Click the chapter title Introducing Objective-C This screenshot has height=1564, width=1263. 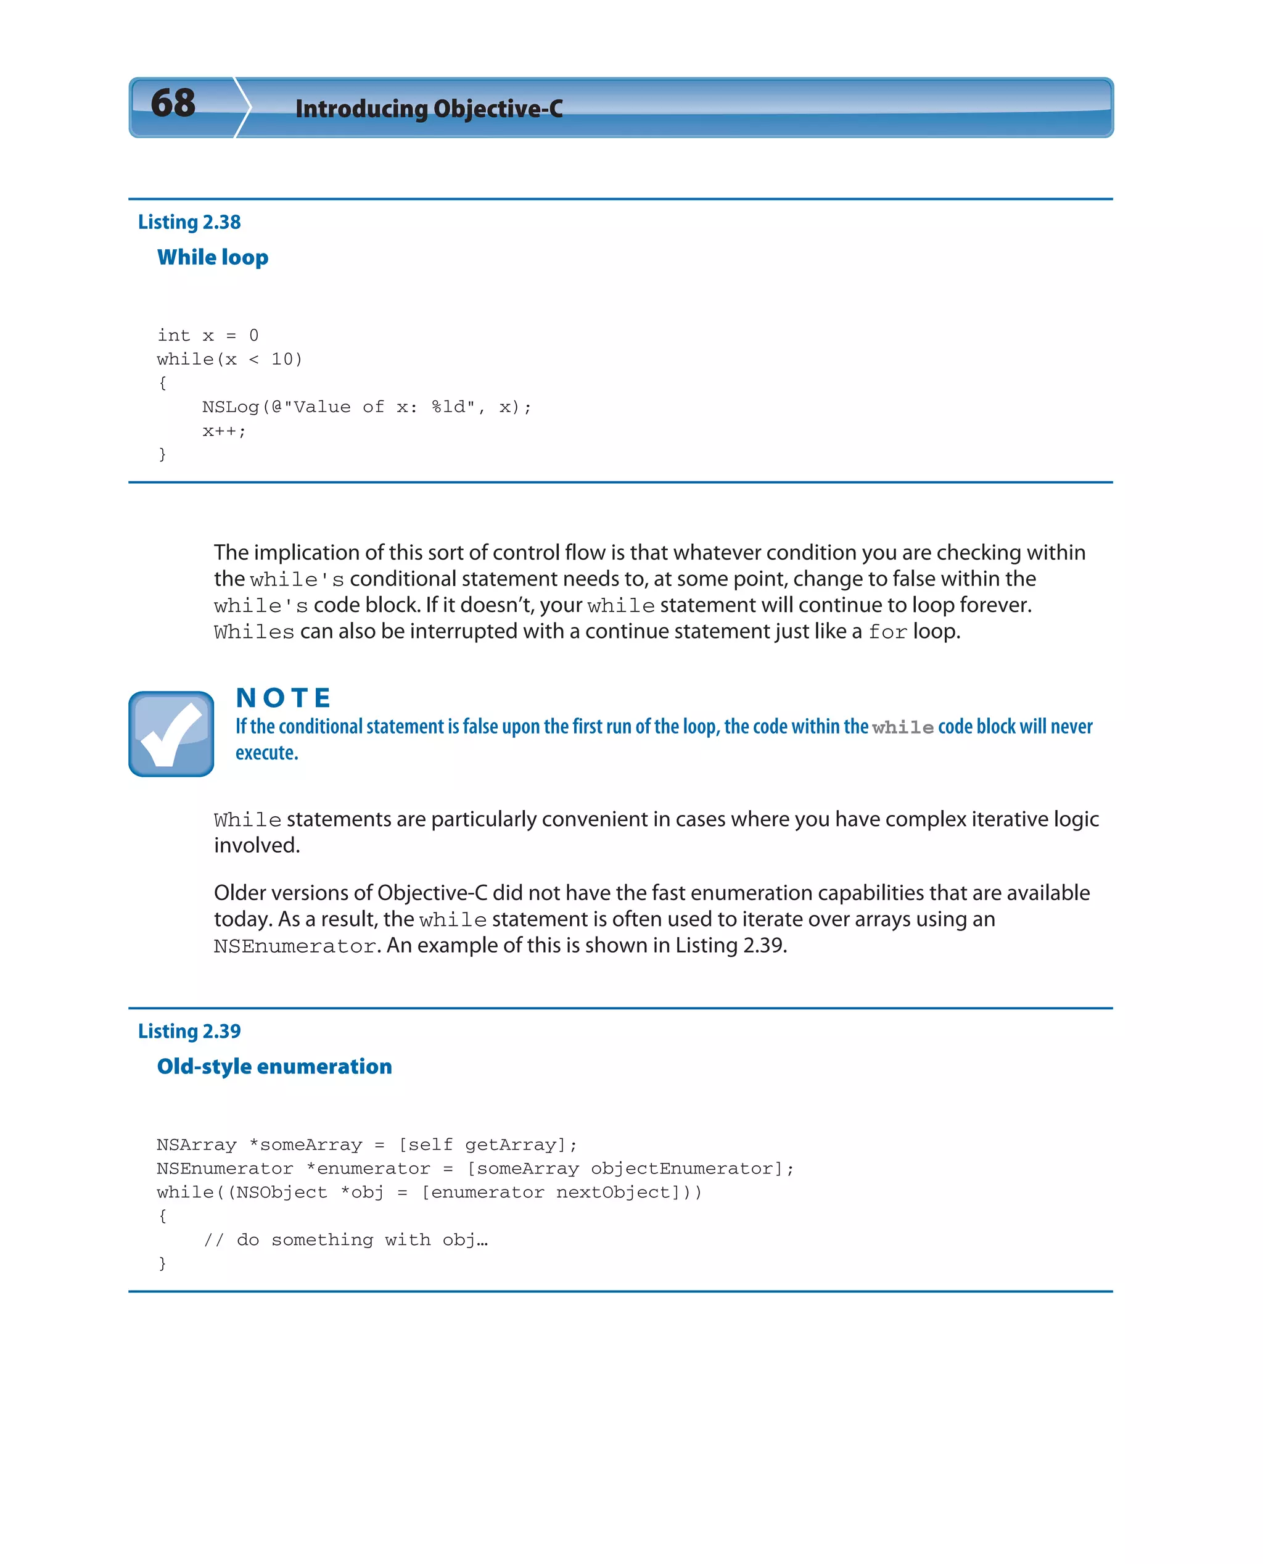click(x=429, y=109)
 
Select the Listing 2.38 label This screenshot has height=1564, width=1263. click(x=189, y=222)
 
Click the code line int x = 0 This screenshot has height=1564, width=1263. click(x=208, y=336)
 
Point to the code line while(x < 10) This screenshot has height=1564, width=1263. click(x=229, y=360)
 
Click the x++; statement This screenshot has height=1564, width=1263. click(x=224, y=431)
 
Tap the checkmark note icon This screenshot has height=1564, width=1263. click(x=171, y=734)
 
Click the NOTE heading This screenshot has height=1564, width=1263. click(x=284, y=697)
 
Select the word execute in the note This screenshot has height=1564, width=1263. click(x=266, y=753)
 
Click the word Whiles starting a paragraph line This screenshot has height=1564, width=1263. click(x=254, y=632)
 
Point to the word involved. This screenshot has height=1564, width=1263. click(x=256, y=846)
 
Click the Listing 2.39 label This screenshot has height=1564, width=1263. click(x=189, y=1032)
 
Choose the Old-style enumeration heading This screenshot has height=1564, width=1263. click(x=274, y=1066)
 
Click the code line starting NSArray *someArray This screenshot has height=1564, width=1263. click(x=367, y=1145)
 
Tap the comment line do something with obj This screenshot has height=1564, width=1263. click(x=345, y=1240)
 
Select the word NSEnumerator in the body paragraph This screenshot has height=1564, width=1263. click(x=295, y=946)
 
